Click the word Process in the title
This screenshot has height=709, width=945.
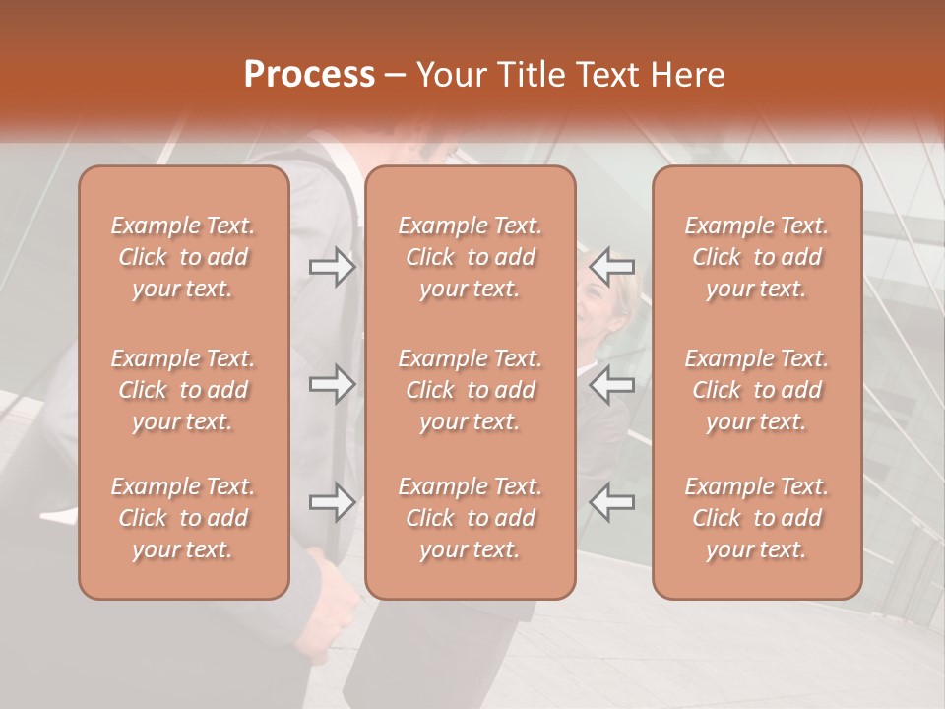click(309, 75)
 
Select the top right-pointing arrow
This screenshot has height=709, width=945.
click(332, 267)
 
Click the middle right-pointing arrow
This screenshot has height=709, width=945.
click(332, 384)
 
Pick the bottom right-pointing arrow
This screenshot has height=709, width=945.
click(332, 502)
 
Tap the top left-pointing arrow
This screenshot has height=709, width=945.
click(611, 267)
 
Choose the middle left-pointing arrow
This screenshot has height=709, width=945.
click(611, 384)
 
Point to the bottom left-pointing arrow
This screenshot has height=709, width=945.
click(611, 502)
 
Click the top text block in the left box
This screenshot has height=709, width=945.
click(183, 257)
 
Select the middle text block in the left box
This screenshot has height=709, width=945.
click(183, 390)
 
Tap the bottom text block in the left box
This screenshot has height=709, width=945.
click(183, 518)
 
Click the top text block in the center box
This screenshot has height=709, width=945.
click(471, 257)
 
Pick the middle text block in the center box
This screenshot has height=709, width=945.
click(471, 390)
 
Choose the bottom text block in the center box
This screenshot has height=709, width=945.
click(471, 518)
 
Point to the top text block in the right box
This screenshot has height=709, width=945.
click(757, 257)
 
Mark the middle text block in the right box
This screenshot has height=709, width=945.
click(757, 390)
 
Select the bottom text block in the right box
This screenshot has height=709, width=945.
click(757, 518)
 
